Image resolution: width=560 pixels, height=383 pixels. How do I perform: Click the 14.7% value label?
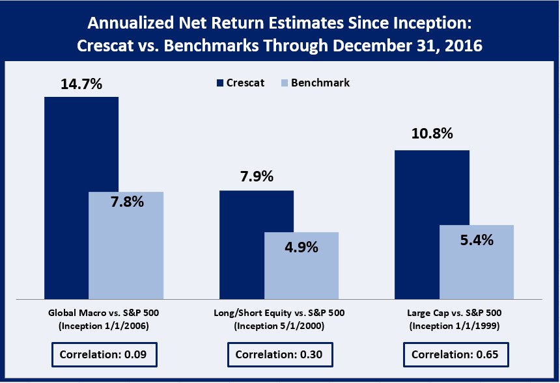(x=81, y=83)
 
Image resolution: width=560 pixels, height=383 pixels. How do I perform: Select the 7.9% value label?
(x=256, y=177)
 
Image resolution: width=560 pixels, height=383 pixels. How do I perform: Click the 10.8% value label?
(x=432, y=135)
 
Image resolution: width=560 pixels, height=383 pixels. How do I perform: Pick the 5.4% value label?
(x=476, y=239)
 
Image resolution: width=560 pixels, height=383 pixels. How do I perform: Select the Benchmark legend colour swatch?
(x=283, y=83)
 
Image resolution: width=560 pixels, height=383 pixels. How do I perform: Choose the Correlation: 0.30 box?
(x=279, y=355)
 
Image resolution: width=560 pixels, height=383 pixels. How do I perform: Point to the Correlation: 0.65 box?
(x=455, y=355)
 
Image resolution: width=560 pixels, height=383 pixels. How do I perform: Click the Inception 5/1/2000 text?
(x=279, y=326)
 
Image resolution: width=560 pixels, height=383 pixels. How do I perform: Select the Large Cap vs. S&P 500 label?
(x=455, y=313)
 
